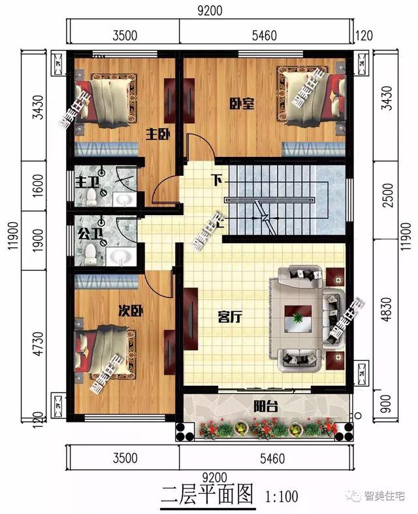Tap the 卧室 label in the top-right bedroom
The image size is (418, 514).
tap(242, 103)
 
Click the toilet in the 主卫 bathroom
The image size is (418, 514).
tap(91, 197)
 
